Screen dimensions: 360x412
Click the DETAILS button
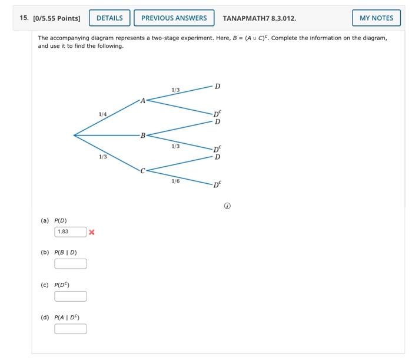click(109, 18)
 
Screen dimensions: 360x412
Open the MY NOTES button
click(376, 18)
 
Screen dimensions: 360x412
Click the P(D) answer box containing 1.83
click(71, 232)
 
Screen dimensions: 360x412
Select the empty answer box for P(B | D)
click(71, 264)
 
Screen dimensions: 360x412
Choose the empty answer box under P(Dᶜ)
click(71, 296)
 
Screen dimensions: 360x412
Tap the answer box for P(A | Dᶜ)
click(71, 329)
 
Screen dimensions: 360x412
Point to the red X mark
click(92, 232)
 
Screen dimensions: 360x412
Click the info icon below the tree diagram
click(227, 206)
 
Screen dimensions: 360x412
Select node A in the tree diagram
click(142, 101)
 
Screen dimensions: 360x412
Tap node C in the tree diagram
click(142, 171)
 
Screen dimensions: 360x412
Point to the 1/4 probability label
click(103, 114)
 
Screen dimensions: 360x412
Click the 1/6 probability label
click(175, 181)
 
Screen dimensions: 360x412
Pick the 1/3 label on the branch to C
click(103, 157)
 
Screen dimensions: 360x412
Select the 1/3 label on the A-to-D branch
click(175, 90)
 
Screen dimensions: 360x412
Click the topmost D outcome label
click(217, 87)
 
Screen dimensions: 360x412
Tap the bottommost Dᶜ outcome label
click(217, 184)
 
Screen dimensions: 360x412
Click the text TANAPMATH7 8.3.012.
click(259, 18)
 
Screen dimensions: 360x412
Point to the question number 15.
click(24, 18)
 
